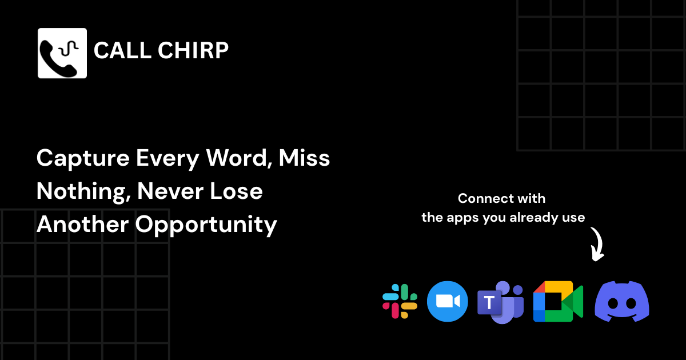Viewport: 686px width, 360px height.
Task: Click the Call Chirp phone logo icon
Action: pos(62,53)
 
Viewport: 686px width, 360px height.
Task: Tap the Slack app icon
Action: pos(400,301)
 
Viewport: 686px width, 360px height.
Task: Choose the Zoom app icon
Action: pos(447,301)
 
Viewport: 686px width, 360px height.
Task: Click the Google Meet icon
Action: pos(557,301)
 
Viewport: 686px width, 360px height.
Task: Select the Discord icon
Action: pos(621,301)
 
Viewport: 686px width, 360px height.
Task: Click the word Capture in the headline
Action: pos(83,158)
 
